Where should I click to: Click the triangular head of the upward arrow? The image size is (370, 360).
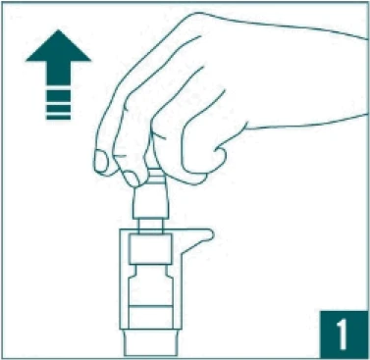pos(58,47)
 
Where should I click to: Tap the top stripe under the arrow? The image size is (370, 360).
pos(58,95)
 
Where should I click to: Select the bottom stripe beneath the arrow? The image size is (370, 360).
pos(58,117)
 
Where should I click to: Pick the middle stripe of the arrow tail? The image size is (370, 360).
pos(58,108)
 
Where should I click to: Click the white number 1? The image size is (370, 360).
pos(342,334)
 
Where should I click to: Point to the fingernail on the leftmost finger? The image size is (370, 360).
pos(101,161)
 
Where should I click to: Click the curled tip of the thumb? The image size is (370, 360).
pos(220,155)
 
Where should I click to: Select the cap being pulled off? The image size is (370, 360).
pos(151,193)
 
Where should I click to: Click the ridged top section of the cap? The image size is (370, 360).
pos(155,178)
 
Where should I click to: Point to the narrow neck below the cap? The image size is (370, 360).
pos(151,227)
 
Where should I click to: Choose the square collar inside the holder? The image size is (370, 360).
pos(151,249)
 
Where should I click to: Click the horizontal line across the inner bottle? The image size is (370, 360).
pos(151,306)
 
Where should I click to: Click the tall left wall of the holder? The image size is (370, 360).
pos(124,279)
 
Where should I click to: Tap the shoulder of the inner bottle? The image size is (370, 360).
pos(151,271)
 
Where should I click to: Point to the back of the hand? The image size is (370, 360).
pos(278,72)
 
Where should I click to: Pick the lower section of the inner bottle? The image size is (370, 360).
pos(151,317)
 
